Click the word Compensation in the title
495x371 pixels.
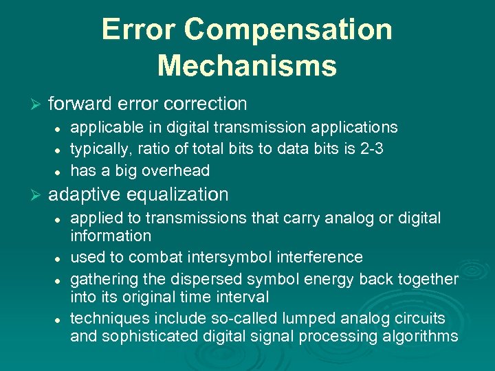click(289, 30)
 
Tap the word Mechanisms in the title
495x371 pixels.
click(247, 66)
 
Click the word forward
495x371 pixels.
click(81, 104)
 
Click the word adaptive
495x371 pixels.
click(81, 194)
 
